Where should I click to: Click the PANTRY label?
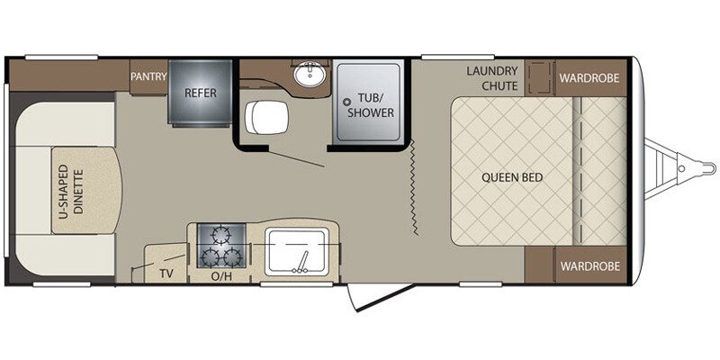[148, 76]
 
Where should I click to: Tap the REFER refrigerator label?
[200, 93]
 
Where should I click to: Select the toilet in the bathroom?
[266, 118]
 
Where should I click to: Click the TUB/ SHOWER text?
[370, 105]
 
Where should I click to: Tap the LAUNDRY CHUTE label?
[492, 78]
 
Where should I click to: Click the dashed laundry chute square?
[540, 76]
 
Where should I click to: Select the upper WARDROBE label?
[589, 77]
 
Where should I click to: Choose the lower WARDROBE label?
[590, 265]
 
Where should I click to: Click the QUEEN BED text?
[512, 177]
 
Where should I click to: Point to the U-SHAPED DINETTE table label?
[72, 191]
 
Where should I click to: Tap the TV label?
[166, 274]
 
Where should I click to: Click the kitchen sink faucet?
[302, 263]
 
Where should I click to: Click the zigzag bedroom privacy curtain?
[414, 188]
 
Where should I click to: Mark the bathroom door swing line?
[297, 157]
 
